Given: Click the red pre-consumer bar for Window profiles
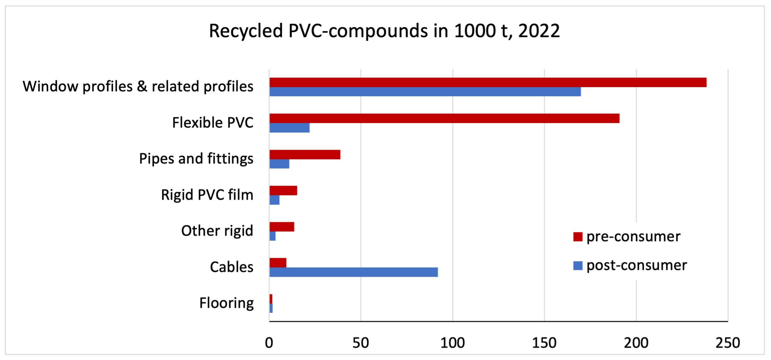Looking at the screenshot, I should point(488,82).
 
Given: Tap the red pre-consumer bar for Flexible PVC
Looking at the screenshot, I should point(445,118).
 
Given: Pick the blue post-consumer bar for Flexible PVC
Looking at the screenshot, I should point(289,128).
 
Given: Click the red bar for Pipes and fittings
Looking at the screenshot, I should point(305,155).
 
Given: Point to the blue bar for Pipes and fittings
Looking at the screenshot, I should point(279,164).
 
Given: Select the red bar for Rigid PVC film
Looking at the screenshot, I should point(283,191).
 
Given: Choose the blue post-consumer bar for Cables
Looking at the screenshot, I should point(353,272).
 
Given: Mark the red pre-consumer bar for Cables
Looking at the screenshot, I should point(278,263).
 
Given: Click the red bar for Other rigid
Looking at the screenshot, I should point(282,227).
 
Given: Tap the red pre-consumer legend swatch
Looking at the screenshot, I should point(578,237).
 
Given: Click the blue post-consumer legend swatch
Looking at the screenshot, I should point(578,266).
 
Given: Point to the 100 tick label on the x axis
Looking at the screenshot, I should point(453,343).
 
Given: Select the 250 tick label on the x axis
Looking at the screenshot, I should point(728,343).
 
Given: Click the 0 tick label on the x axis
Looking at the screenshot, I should point(269,343).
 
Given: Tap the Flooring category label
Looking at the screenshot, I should point(226,303).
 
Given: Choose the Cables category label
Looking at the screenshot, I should point(232,267).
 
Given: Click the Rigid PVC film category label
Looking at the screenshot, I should point(207,195).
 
